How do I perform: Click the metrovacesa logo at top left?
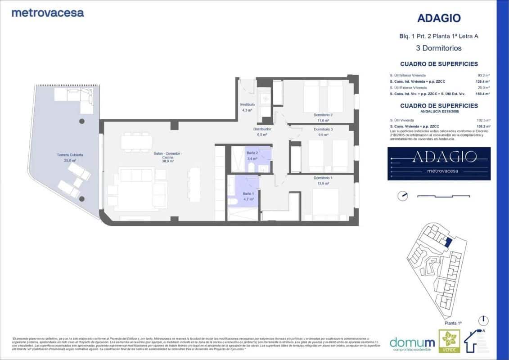point(47,13)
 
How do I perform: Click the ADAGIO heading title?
point(439,18)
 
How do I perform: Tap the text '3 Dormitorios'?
point(439,48)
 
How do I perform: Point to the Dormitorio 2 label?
point(323,115)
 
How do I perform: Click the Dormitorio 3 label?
point(323,129)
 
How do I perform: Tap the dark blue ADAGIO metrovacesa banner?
point(439,163)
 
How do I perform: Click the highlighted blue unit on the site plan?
point(448,242)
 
